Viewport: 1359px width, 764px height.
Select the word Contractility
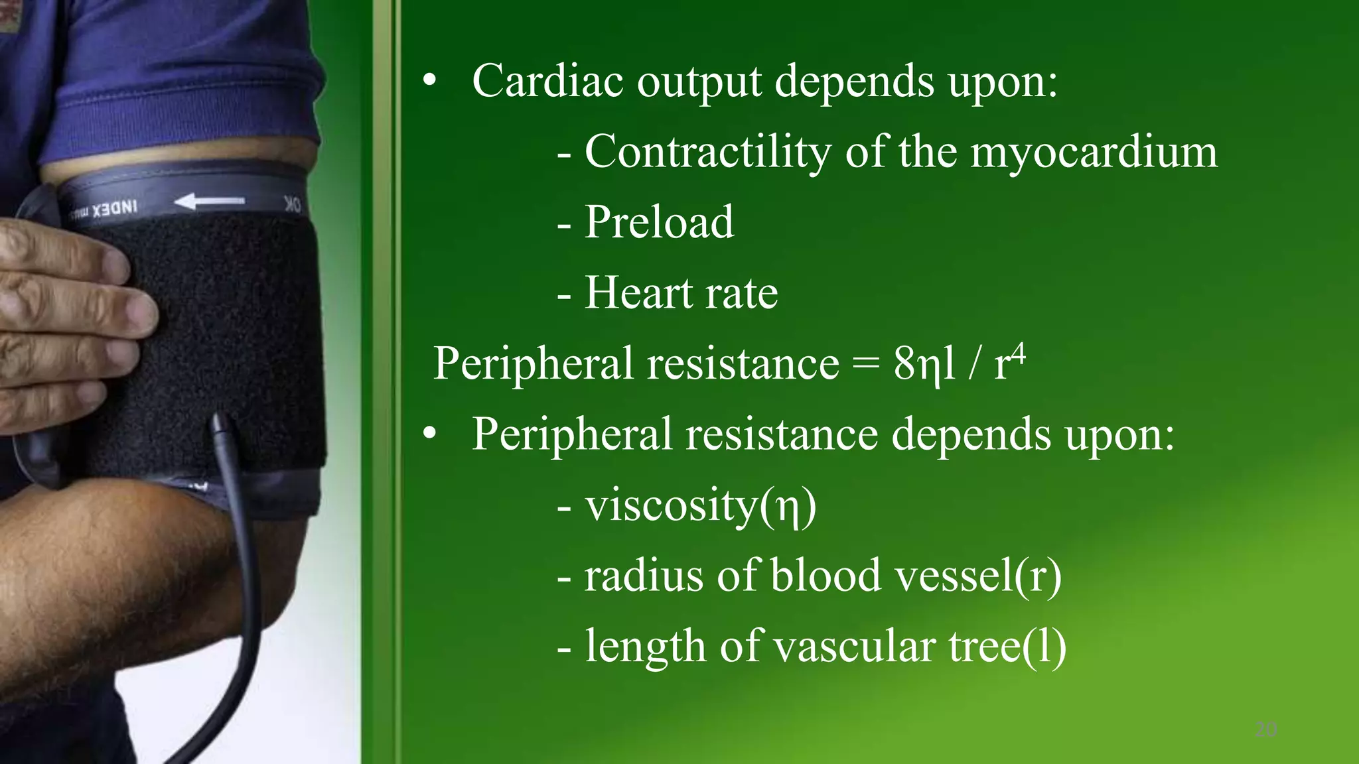coord(707,153)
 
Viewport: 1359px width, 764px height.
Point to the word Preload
coord(659,222)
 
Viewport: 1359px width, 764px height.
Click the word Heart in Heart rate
coord(638,292)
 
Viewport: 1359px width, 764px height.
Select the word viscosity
coord(671,505)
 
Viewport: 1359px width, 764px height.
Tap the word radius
coord(643,575)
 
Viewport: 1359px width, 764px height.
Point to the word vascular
coord(855,646)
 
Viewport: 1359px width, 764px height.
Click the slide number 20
coord(1266,730)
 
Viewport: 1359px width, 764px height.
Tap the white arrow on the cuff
coord(210,201)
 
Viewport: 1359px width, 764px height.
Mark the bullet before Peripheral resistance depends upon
coord(430,434)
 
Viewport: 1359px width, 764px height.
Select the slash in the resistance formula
coord(974,365)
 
